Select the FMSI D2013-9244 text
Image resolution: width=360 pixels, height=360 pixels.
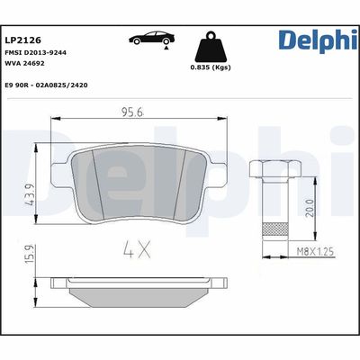coord(40,53)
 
